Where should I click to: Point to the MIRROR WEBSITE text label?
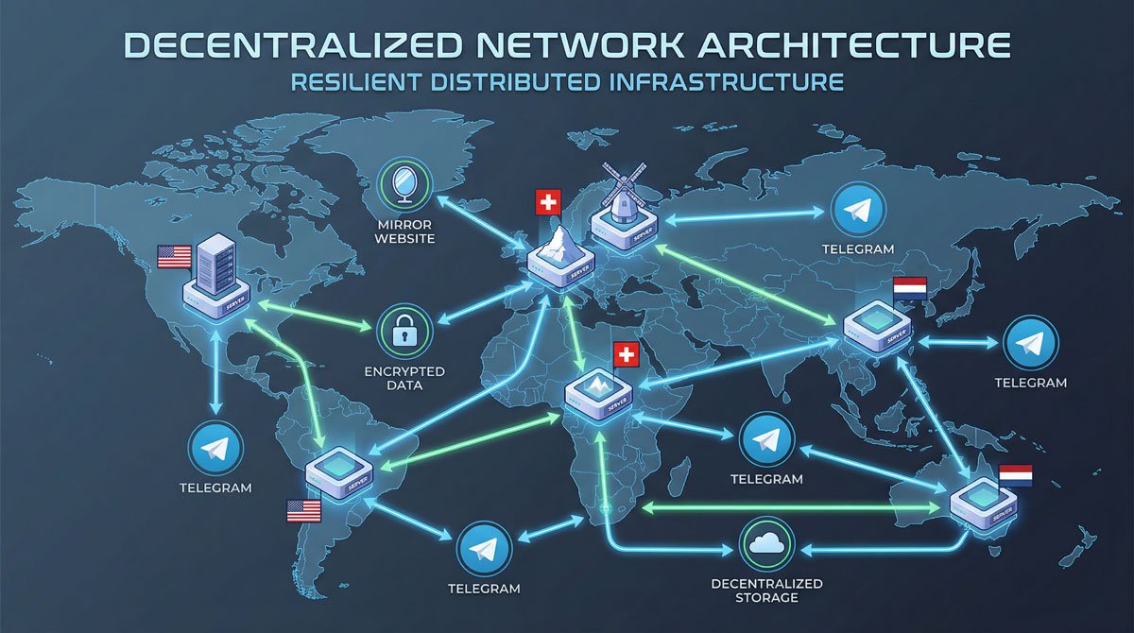click(404, 231)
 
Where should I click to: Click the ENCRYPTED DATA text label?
click(404, 378)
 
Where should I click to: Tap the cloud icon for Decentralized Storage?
click(766, 543)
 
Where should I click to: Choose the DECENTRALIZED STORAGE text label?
click(766, 590)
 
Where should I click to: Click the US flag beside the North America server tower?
click(175, 255)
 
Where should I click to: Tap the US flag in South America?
click(304, 511)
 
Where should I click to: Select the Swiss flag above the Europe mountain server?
click(547, 202)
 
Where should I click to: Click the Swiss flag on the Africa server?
click(626, 355)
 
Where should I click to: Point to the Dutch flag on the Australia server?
click(1017, 474)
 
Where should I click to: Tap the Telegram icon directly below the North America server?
click(215, 449)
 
